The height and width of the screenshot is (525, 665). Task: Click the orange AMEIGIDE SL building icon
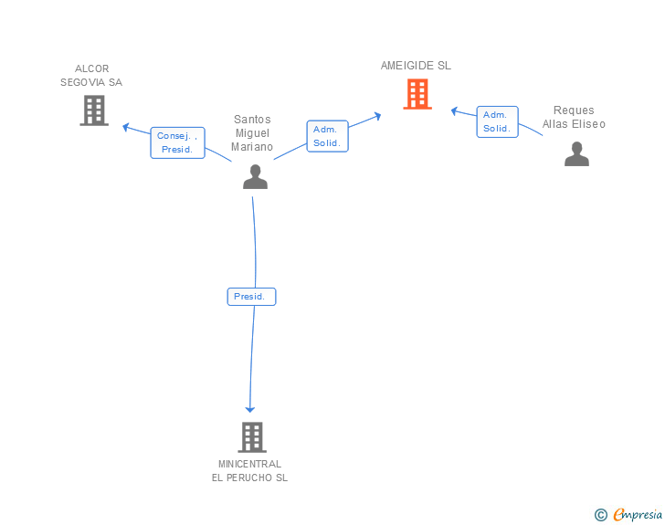coord(417,94)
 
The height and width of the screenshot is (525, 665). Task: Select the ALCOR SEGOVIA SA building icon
coord(94,110)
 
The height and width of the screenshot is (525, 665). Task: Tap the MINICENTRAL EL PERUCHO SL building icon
coord(252,437)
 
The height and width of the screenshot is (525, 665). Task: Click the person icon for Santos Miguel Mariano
coord(255,176)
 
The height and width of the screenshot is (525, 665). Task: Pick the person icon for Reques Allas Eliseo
coord(576,154)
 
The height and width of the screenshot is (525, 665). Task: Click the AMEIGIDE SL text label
coord(416,66)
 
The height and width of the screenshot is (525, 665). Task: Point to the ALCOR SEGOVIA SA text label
coord(91,76)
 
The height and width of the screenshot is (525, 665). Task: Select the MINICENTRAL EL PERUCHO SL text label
coord(249,470)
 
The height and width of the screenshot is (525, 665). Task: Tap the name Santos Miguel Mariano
coord(252,133)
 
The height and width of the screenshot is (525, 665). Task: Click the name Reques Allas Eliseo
coord(574,118)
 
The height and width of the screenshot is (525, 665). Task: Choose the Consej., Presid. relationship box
coord(177,142)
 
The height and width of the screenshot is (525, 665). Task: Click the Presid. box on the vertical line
coord(251,297)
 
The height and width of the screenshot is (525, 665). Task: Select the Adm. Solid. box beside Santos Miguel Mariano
coord(327,136)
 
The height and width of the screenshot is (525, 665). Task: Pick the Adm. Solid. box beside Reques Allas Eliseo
coord(497,121)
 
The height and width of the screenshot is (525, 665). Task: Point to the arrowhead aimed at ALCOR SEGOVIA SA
coord(126,127)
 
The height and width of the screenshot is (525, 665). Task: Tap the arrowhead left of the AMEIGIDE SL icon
coord(377,115)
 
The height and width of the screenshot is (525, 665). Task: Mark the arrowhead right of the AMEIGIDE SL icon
coord(454,110)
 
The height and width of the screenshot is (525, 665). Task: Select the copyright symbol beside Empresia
coord(600,515)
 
